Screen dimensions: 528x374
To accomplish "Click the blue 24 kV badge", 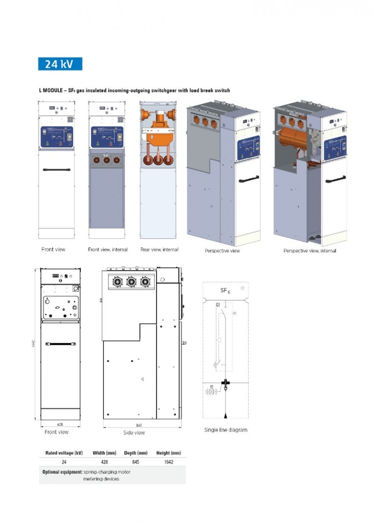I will coord(60,64).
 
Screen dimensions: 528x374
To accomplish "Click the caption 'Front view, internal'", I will coord(108,250).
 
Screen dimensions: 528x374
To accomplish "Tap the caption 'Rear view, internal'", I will coord(159,250).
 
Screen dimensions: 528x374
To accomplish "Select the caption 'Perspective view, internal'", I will coord(309,251).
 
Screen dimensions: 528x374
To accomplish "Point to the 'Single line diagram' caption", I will coord(225,430).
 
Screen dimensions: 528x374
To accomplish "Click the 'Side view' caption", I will coord(134,433).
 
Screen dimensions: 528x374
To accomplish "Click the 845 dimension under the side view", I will coord(139,425).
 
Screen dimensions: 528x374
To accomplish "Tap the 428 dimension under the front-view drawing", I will coord(60,424).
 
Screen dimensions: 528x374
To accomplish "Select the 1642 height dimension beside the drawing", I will coord(34,344).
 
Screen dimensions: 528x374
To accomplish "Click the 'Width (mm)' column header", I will coord(105,453).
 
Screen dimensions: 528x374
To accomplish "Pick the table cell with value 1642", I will coord(169,462).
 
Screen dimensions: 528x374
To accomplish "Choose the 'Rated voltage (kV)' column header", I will coord(64,453).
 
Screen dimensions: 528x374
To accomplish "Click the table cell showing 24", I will coord(64,462).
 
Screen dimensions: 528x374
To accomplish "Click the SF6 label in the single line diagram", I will coord(225,291).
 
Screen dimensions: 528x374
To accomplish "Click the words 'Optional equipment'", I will coord(62,472).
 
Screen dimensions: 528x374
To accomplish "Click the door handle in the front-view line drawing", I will coord(59,344).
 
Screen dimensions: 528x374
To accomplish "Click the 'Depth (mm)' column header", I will coord(136,453).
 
